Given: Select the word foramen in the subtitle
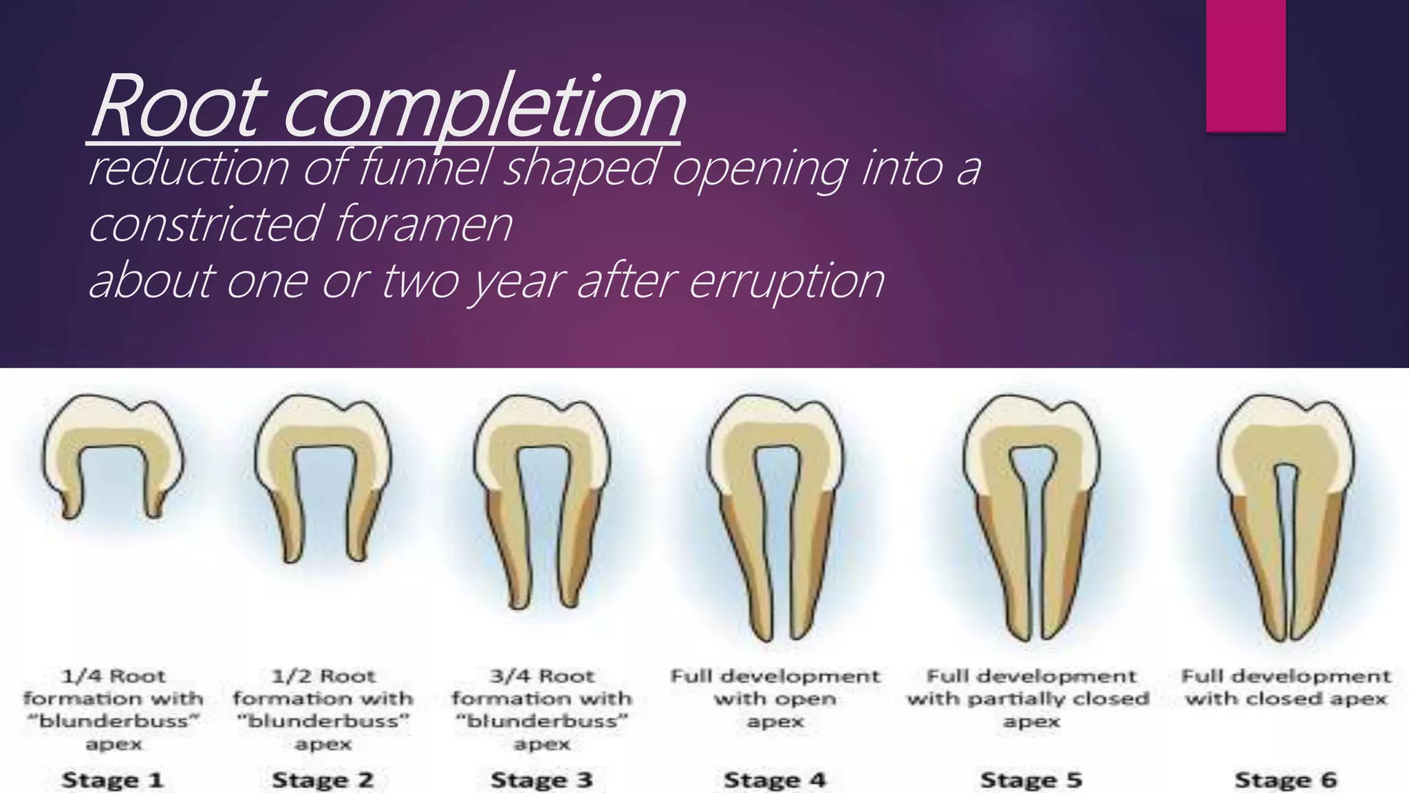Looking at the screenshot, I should [x=424, y=224].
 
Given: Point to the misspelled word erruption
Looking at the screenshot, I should [x=786, y=281].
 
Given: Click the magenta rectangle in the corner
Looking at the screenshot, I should [x=1245, y=65].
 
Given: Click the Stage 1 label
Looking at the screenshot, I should [x=113, y=780].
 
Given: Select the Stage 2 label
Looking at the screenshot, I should [x=323, y=780].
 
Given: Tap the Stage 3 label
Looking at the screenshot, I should [x=541, y=780].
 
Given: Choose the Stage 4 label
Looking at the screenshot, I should [x=775, y=780].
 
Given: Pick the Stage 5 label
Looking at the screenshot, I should [x=1031, y=780].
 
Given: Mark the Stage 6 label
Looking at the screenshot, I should [x=1286, y=780].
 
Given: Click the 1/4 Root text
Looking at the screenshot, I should [x=114, y=676].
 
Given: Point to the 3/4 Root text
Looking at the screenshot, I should [x=542, y=676].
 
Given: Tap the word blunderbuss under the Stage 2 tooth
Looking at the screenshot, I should [x=323, y=721].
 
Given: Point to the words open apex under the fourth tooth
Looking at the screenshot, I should [x=775, y=710].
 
